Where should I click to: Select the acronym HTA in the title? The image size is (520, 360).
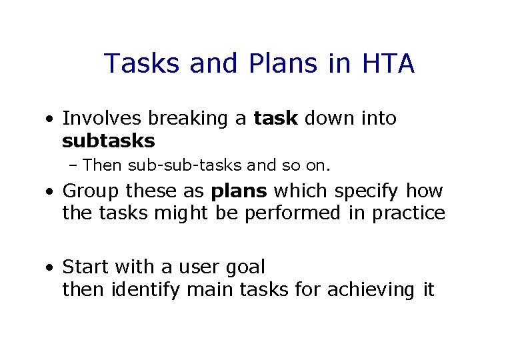pos(388,64)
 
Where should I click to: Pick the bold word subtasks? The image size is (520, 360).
pos(108,141)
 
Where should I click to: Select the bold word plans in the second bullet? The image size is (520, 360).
pos(239,192)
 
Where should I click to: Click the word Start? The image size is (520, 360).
pos(86,267)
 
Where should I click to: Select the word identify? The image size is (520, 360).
pos(145,290)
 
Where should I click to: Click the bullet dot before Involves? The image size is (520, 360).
pos(51,120)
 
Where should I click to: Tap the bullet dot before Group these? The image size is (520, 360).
pos(51,193)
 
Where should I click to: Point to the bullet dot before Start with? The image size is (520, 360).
pos(51,269)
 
